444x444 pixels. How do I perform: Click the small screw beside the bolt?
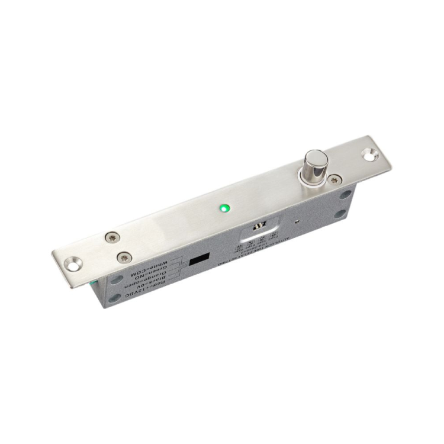click(336, 179)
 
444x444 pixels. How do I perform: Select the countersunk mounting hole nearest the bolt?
click(370, 155)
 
